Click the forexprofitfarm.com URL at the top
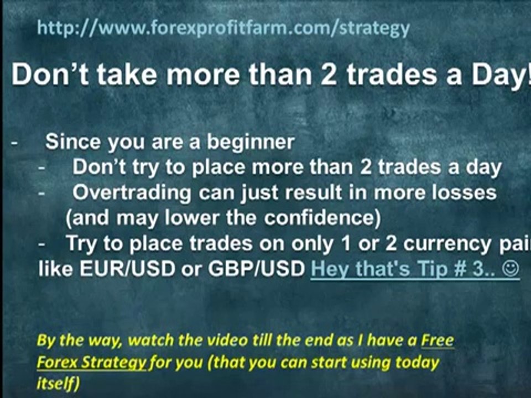click(223, 28)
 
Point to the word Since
click(72, 142)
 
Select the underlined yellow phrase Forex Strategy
click(91, 363)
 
